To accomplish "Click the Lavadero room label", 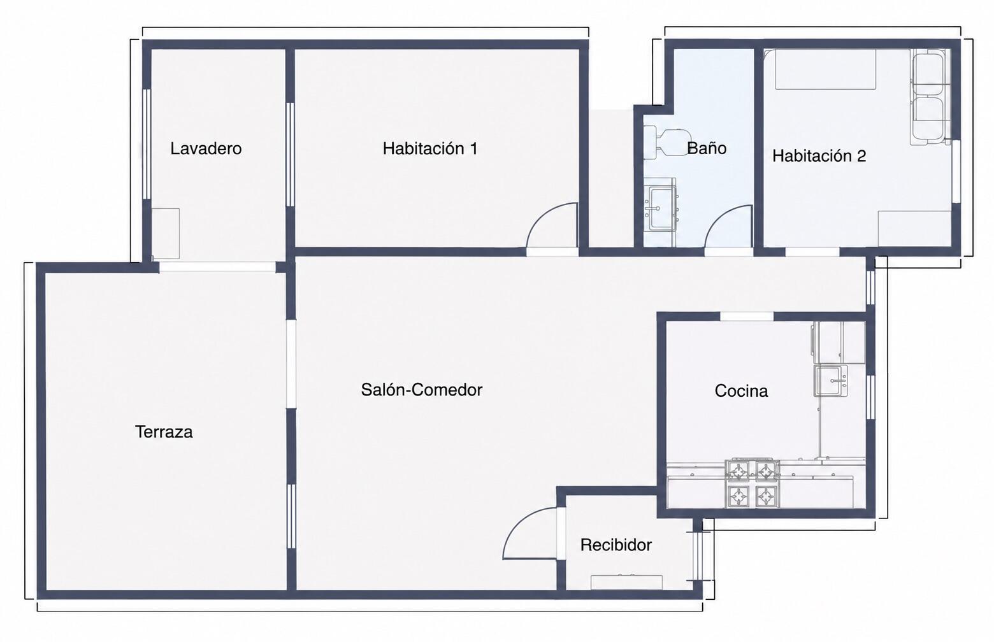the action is (206, 148).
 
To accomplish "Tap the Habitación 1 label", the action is (430, 148).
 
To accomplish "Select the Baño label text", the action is (707, 147).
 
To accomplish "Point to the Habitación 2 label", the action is (819, 156).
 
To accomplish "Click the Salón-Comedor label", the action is (422, 390).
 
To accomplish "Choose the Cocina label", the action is (741, 390).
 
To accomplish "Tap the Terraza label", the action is (164, 432).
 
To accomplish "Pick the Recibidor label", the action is (616, 545).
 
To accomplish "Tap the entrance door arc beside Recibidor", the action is (519, 523).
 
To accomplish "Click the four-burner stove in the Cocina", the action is (752, 483).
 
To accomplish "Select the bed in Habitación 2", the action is (825, 69).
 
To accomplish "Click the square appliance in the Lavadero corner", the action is (166, 233).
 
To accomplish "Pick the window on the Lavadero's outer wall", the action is (147, 144).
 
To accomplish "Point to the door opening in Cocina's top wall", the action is (746, 317).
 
